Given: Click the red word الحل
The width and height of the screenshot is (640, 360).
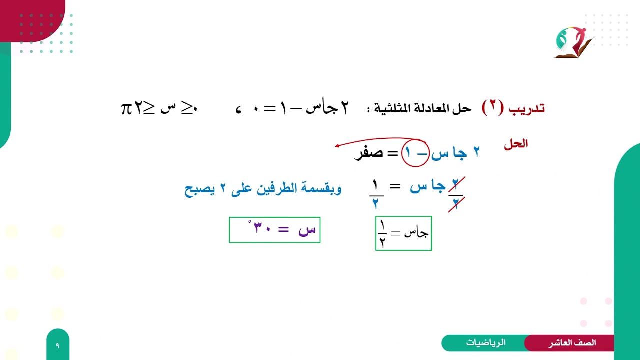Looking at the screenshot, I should [516, 144].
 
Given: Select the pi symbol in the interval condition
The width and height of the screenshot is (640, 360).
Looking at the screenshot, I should [126, 108].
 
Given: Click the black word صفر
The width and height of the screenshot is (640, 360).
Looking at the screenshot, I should [368, 153].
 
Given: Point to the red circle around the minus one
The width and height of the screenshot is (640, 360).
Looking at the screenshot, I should [415, 153].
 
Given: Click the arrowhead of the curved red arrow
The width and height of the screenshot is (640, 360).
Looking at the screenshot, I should [338, 146].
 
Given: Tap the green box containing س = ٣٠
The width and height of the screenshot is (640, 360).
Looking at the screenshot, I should [274, 230].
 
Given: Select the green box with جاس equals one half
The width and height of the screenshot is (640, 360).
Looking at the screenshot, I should [403, 233].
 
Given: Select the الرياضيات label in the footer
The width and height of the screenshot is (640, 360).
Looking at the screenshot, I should [486, 343].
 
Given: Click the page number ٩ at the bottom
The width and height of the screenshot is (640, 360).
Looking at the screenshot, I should [57, 345].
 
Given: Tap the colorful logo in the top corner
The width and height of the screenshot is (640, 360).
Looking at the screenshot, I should [573, 43].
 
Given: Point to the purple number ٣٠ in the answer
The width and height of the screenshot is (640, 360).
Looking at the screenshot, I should [263, 229].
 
